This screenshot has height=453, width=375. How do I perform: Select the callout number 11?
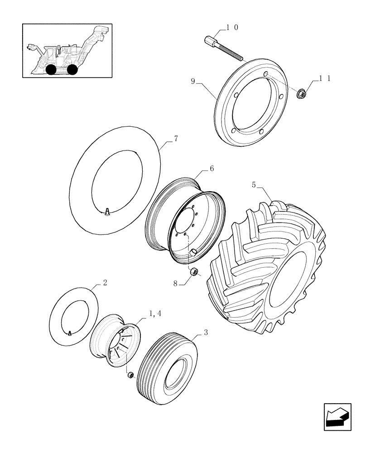tap(325, 79)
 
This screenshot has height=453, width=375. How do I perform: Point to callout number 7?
tap(176, 139)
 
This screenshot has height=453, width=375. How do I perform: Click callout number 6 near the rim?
tap(212, 168)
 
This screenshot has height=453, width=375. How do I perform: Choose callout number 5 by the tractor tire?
tap(254, 185)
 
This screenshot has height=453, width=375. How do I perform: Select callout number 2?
tap(105, 283)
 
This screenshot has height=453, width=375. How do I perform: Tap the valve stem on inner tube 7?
tap(108, 211)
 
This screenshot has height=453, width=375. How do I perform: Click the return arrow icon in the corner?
tap(337, 416)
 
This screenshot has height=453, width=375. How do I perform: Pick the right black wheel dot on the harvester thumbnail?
tap(72, 69)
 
